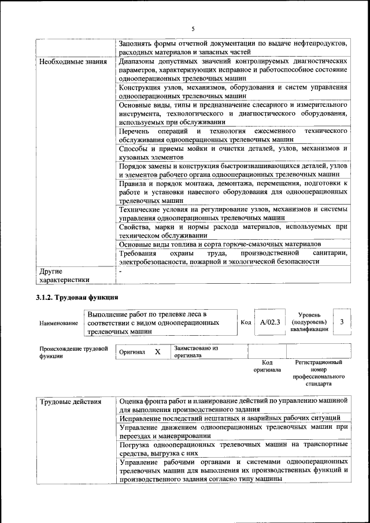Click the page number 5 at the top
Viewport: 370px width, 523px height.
[193, 28]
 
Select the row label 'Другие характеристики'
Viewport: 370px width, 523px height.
[64, 275]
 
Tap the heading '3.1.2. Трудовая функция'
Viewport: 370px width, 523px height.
[77, 298]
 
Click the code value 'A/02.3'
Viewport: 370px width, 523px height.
[269, 322]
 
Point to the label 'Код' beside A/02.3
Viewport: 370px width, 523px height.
[245, 322]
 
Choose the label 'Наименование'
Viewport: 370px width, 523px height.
[58, 324]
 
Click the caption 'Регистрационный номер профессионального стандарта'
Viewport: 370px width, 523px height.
[319, 373]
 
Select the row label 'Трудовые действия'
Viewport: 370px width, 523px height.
[70, 400]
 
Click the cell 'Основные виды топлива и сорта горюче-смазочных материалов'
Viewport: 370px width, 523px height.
[220, 244]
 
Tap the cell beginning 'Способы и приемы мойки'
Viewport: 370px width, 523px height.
[232, 153]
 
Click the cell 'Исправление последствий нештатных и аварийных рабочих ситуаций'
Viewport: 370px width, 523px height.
[230, 418]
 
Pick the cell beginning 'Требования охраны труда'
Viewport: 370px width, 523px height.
[232, 257]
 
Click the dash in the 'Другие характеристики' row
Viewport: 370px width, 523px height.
[120, 270]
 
